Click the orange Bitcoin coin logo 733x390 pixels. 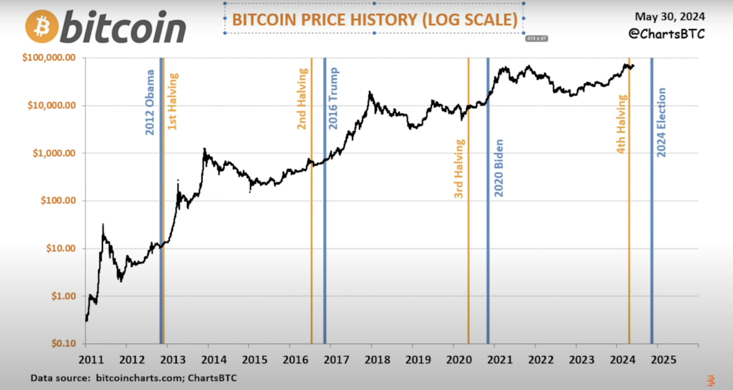tap(42, 27)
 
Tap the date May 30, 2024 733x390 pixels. tap(670, 17)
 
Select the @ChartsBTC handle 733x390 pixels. tap(667, 34)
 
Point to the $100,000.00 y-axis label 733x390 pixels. tap(49, 57)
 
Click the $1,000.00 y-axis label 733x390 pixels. tap(54, 153)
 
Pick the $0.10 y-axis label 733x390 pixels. tap(64, 343)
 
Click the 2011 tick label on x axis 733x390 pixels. tap(91, 360)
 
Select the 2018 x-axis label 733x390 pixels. tap(377, 360)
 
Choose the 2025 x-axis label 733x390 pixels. tap(664, 360)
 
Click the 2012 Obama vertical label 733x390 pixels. tap(150, 102)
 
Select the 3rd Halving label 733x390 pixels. tap(459, 169)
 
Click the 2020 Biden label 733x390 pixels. tap(499, 168)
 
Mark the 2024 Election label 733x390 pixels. tap(661, 122)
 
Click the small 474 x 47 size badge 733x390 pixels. tap(536, 38)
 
